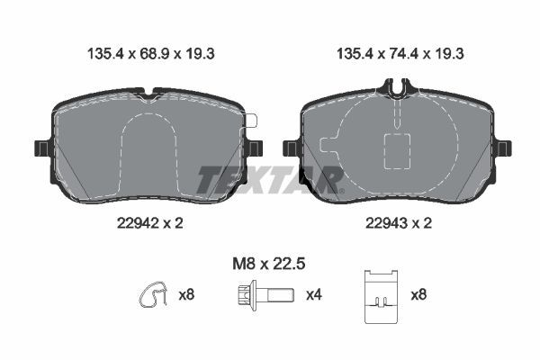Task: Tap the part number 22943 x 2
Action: [x=395, y=224]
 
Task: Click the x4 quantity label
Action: [x=314, y=294]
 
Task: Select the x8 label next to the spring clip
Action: [x=186, y=294]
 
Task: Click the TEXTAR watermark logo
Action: [x=270, y=179]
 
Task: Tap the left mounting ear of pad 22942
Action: [x=40, y=148]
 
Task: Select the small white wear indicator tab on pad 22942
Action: [x=251, y=121]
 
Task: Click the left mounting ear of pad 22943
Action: [x=291, y=148]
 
